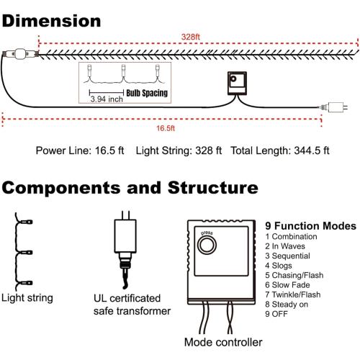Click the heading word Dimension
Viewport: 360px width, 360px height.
click(51, 21)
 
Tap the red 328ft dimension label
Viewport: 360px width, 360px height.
click(191, 37)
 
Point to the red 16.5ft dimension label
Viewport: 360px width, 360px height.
click(166, 128)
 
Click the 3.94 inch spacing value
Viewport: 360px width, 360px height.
click(107, 99)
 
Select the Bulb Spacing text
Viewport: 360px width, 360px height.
click(147, 93)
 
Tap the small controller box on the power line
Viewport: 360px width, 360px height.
click(237, 83)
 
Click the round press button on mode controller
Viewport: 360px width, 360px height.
click(207, 245)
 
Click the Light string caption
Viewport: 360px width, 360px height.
click(27, 298)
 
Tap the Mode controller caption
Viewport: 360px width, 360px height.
click(223, 342)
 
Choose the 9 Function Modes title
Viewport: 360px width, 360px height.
click(310, 226)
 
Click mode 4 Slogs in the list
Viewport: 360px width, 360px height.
click(279, 266)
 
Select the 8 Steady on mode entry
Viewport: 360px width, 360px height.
click(287, 305)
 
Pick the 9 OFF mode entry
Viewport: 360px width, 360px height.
click(276, 314)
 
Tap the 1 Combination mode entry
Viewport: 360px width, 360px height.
click(291, 236)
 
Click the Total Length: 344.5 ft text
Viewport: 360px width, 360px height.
click(280, 150)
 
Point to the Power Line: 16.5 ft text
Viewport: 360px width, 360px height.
click(80, 150)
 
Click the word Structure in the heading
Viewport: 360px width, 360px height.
click(213, 187)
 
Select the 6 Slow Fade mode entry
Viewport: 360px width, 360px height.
click(287, 285)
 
